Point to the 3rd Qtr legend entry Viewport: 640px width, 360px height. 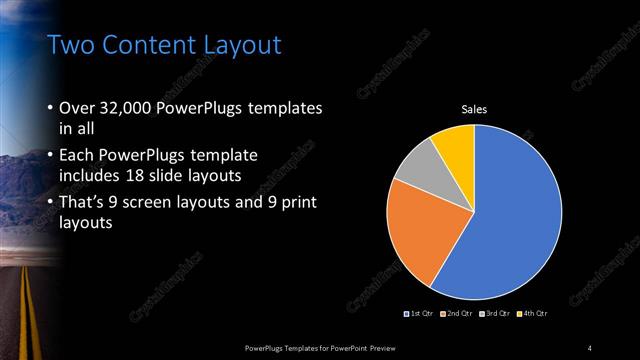pos(493,314)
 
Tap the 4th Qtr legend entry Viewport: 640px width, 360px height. pos(533,314)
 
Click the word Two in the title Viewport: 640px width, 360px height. pos(72,45)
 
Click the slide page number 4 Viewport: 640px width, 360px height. pos(590,347)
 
